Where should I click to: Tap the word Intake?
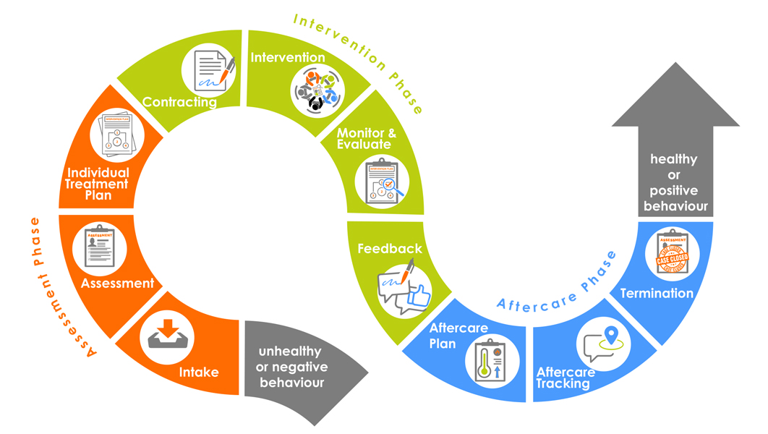199,373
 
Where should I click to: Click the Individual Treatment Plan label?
98,184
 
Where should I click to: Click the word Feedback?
390,248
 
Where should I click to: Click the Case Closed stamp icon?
672,255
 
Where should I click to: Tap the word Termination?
657,293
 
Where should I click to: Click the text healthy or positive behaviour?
674,182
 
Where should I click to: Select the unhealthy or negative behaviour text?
291,367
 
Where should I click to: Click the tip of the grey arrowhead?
675,64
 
